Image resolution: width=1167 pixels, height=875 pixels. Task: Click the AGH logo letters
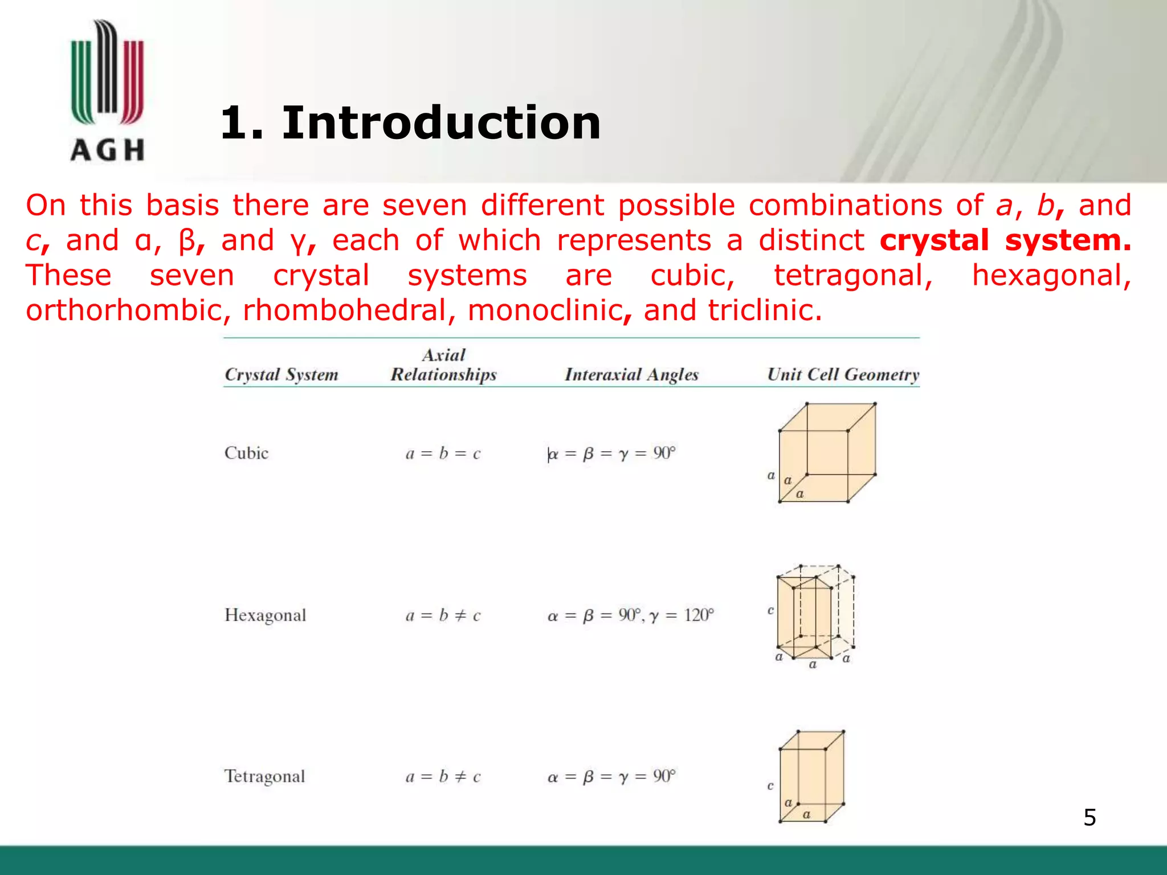pos(107,150)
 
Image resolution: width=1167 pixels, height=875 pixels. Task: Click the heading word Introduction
pos(441,123)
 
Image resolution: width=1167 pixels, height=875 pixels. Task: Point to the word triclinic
pos(765,311)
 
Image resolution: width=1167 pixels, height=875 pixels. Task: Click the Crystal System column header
pos(281,375)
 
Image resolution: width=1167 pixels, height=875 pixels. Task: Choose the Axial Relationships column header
pos(443,365)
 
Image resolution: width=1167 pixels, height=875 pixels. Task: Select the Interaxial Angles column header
pos(631,375)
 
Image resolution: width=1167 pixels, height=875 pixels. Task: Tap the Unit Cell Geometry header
pos(843,375)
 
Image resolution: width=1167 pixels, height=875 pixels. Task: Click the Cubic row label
pos(246,453)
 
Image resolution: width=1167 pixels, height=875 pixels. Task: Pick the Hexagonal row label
pos(266,615)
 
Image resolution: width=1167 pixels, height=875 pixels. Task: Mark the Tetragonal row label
pos(265,776)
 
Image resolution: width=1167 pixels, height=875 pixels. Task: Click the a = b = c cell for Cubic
pos(443,454)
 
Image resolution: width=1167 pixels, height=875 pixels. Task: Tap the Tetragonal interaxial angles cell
pos(611,777)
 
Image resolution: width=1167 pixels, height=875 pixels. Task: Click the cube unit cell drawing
pos(826,453)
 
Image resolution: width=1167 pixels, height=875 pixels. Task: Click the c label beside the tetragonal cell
pos(770,786)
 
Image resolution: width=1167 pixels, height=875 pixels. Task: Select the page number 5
pos(1090,817)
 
